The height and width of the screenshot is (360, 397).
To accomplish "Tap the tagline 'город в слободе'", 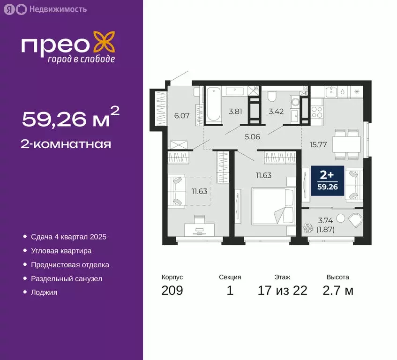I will pyautogui.click(x=81, y=59).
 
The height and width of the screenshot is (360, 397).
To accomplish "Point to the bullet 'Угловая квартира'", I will pyautogui.click(x=61, y=251).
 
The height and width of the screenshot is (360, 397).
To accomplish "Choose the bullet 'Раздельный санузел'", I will pyautogui.click(x=67, y=278).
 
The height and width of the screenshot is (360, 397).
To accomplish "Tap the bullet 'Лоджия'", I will pyautogui.click(x=44, y=292).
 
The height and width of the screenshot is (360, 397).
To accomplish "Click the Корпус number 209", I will pyautogui.click(x=172, y=291).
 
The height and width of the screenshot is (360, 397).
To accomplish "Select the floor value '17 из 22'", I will pyautogui.click(x=282, y=291).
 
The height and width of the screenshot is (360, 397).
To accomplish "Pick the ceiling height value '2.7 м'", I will pyautogui.click(x=337, y=291).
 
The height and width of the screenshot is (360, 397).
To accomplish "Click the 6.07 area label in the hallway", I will pyautogui.click(x=182, y=115).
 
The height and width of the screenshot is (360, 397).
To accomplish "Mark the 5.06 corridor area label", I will pyautogui.click(x=252, y=138).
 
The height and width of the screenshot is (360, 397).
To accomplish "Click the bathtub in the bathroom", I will pyautogui.click(x=213, y=104).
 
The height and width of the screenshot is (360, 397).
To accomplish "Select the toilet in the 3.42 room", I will pyautogui.click(x=272, y=98).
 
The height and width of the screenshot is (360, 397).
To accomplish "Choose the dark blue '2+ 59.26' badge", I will pyautogui.click(x=327, y=181).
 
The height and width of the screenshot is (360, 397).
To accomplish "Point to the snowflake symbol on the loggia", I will pyautogui.click(x=309, y=229).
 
